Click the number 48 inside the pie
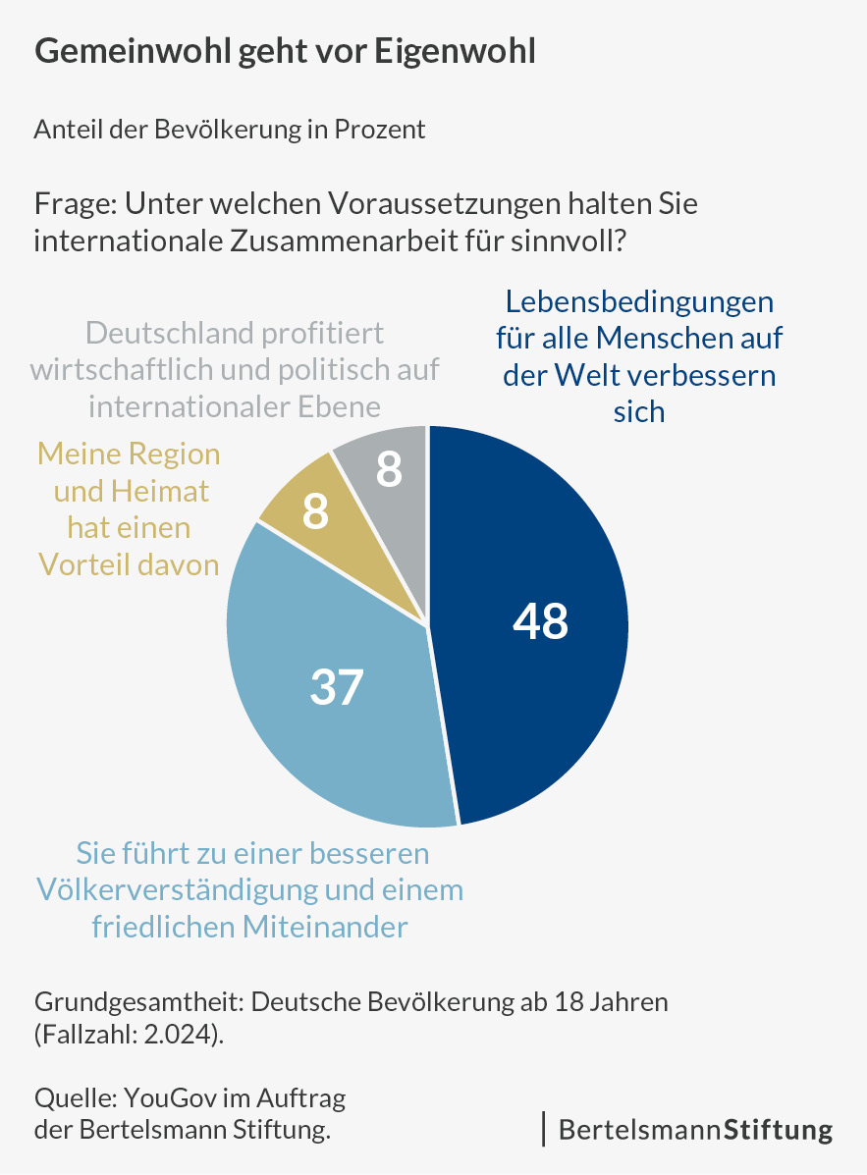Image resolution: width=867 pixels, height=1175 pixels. [x=541, y=622]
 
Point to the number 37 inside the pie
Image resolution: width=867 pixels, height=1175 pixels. [x=337, y=688]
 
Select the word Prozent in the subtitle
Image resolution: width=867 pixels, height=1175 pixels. [x=380, y=130]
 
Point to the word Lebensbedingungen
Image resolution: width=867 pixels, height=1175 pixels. [x=639, y=300]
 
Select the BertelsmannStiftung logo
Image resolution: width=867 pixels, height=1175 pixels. [x=695, y=1129]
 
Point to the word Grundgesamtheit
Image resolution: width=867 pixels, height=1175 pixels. [x=138, y=1003]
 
